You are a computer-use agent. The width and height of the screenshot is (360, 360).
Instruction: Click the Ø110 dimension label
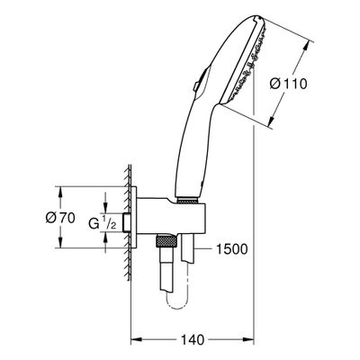288,84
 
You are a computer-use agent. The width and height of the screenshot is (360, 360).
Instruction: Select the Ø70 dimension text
60,218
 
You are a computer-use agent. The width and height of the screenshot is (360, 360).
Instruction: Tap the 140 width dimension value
193,340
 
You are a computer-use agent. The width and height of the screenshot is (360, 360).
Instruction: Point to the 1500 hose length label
232,249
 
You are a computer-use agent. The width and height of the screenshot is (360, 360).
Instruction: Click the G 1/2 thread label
103,224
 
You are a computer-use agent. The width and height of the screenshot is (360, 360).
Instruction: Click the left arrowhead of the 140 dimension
136,340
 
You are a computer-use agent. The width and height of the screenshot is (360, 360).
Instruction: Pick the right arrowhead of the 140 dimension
249,340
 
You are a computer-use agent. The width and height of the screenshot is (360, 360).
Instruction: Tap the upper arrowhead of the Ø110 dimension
306,47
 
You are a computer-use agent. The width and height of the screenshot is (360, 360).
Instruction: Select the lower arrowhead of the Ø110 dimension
271,120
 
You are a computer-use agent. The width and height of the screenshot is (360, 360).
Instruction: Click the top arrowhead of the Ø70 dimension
60,193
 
